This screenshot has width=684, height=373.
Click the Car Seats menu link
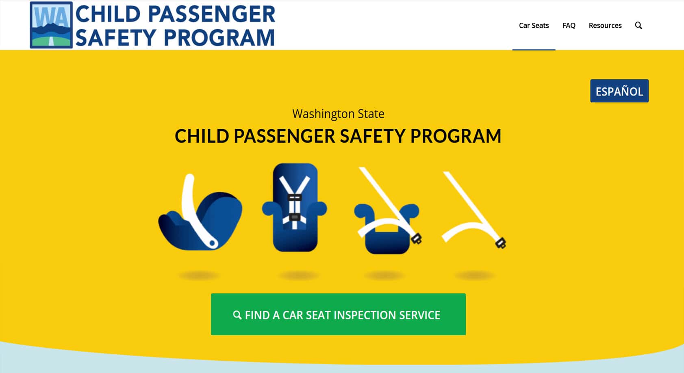click(534, 25)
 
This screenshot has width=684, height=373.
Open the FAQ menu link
click(569, 25)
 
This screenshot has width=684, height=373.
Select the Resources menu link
click(605, 25)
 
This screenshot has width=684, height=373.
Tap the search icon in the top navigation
click(638, 25)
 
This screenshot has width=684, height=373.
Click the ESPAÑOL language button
click(619, 91)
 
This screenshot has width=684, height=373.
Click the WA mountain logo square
click(51, 25)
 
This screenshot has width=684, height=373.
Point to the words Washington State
click(338, 114)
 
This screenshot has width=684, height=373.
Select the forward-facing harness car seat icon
click(295, 208)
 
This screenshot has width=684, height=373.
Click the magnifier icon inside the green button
click(237, 315)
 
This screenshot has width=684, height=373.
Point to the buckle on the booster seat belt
click(417, 239)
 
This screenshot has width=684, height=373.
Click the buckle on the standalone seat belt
click(501, 243)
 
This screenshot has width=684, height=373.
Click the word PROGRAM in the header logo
click(219, 38)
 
